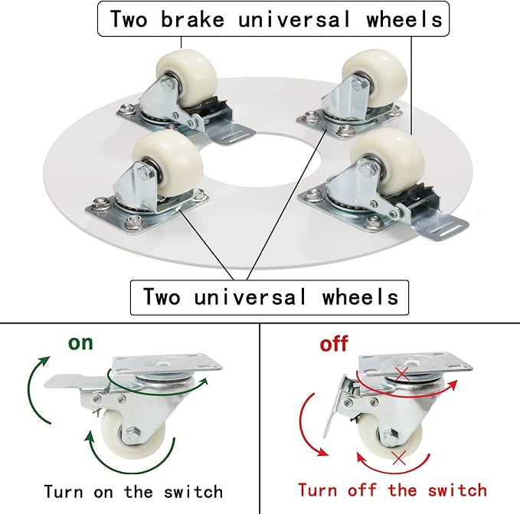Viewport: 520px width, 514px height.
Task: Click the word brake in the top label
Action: coord(192,19)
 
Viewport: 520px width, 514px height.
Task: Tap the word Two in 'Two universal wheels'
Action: coord(162,296)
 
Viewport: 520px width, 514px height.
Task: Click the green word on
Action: coord(80,343)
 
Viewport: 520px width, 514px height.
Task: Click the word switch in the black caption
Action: coord(193,492)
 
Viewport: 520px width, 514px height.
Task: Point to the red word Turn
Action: coord(317,490)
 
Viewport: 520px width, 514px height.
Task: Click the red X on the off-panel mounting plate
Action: coord(402,374)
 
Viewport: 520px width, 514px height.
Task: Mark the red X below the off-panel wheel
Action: coord(398,458)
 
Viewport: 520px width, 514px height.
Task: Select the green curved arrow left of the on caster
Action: coord(32,391)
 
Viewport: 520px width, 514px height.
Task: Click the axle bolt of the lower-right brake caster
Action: coord(365,170)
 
